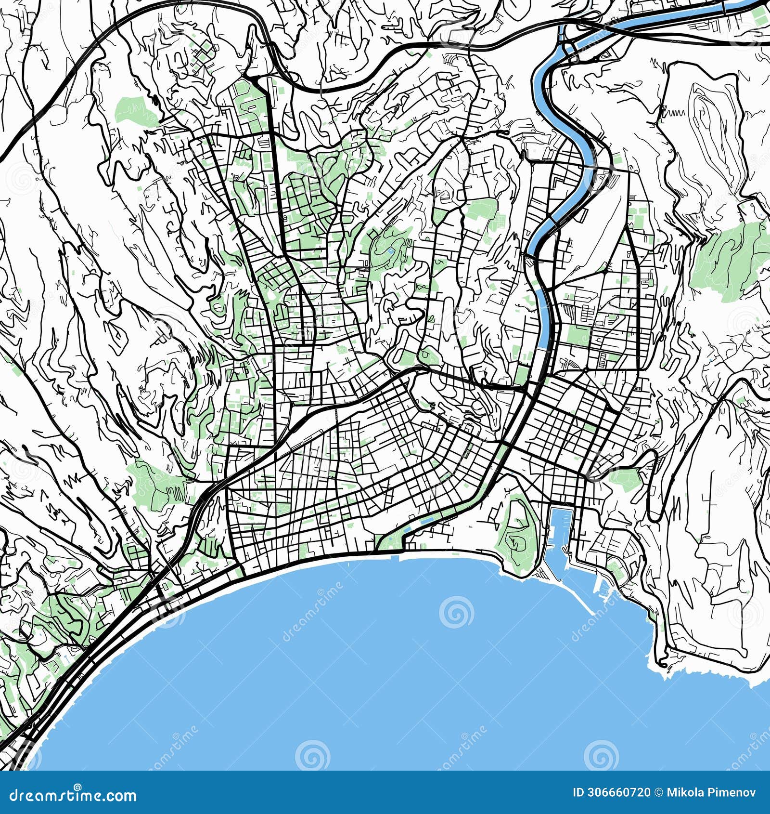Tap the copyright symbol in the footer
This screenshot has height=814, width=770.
[658, 792]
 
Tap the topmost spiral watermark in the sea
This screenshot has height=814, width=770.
[456, 612]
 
